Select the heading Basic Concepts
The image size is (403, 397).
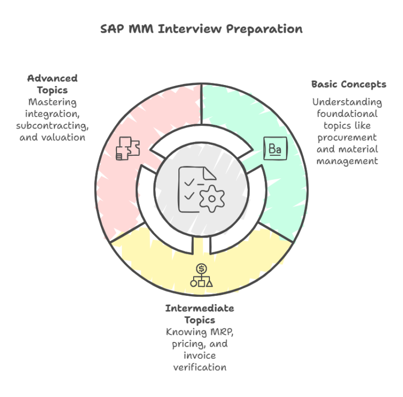tap(348, 84)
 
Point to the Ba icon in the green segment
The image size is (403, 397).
tap(275, 148)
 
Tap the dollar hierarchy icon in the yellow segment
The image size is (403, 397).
tap(201, 276)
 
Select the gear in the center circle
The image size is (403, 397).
tap(213, 198)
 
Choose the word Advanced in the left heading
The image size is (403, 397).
tap(52, 78)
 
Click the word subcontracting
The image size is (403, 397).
tap(52, 126)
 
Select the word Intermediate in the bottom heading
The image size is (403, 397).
tap(199, 308)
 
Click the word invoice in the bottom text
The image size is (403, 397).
tap(199, 356)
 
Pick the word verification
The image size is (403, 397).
tap(199, 367)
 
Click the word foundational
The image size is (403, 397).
tap(347, 113)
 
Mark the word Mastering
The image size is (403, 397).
tap(52, 102)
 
